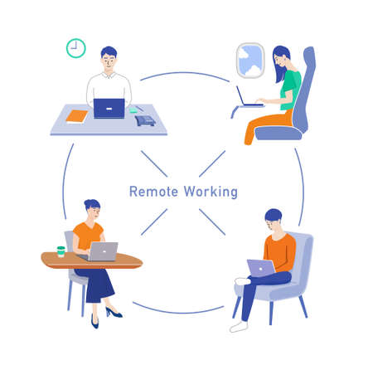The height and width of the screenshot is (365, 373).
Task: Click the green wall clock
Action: [76, 48]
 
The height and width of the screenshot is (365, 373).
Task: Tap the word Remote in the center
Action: [153, 192]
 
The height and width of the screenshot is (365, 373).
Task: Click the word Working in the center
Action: [211, 192]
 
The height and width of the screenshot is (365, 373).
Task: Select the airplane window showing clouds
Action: [250, 61]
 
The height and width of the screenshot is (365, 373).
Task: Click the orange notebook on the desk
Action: [77, 116]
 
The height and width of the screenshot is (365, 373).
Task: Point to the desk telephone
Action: [145, 120]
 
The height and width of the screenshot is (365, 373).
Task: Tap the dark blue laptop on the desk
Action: [109, 109]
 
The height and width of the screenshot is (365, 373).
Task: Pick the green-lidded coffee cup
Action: [61, 251]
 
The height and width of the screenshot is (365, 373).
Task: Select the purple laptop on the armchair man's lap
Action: [261, 268]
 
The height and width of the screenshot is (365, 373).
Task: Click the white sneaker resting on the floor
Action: [240, 327]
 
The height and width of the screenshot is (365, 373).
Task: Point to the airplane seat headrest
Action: [310, 59]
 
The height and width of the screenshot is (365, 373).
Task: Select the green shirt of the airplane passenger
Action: [290, 90]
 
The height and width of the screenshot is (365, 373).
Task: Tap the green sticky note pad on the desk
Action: [133, 110]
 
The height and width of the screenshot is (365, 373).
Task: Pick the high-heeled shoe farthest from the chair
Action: [114, 312]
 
